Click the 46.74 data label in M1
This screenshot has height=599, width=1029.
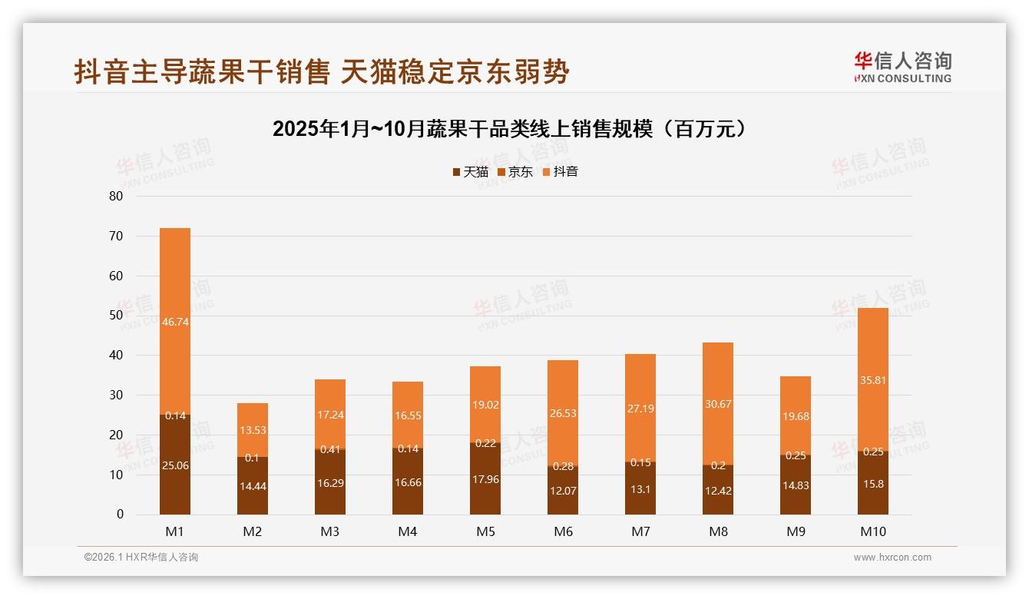(175, 322)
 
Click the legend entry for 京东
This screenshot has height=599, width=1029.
(515, 172)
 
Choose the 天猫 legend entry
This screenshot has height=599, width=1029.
(470, 172)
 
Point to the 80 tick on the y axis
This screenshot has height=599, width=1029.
(116, 196)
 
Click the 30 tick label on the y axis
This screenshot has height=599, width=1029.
(116, 395)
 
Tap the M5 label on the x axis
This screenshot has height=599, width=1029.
(485, 531)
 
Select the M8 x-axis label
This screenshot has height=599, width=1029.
(718, 531)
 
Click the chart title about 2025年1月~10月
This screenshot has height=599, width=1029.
(509, 128)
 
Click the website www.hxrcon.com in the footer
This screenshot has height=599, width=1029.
(892, 558)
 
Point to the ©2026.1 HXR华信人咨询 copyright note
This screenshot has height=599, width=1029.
(141, 558)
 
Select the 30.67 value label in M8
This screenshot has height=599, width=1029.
(718, 404)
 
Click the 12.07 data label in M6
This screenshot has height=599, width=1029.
(563, 489)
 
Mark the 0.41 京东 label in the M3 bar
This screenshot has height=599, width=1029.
(330, 449)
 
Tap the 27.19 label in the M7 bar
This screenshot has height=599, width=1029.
(640, 409)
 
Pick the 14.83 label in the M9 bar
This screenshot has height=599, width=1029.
(796, 485)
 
